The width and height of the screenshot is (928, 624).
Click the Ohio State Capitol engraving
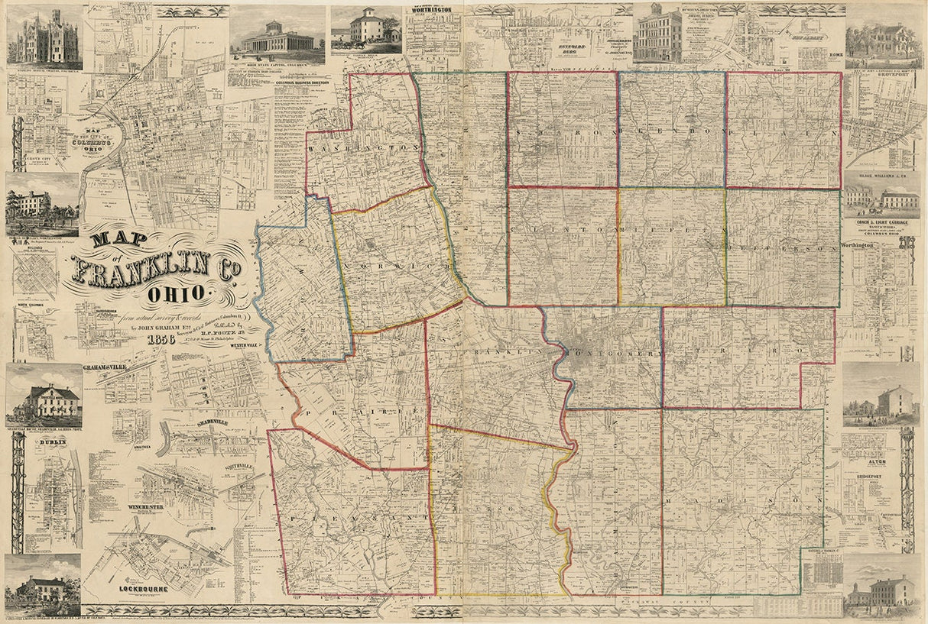tap(277, 36)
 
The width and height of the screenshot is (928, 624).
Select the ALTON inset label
tap(876, 462)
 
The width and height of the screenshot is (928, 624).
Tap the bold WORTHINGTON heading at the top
tap(433, 10)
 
